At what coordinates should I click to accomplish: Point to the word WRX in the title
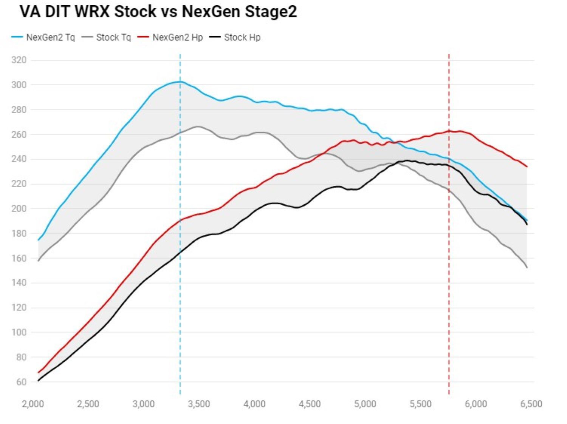click(92, 12)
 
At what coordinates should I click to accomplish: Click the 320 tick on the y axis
click(19, 60)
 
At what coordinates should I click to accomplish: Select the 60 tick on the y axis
click(21, 382)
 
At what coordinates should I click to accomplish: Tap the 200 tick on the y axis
click(19, 208)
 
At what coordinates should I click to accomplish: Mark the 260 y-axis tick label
click(19, 134)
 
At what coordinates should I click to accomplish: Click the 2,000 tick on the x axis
click(33, 404)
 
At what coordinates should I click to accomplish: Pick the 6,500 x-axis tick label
click(531, 404)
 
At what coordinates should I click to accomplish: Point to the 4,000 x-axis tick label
click(254, 404)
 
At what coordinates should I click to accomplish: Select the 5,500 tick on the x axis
click(420, 404)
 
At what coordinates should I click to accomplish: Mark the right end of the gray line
click(527, 268)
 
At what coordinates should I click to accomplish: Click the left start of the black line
click(38, 381)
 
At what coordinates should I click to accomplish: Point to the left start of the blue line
click(38, 240)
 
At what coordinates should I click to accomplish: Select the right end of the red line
click(527, 167)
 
